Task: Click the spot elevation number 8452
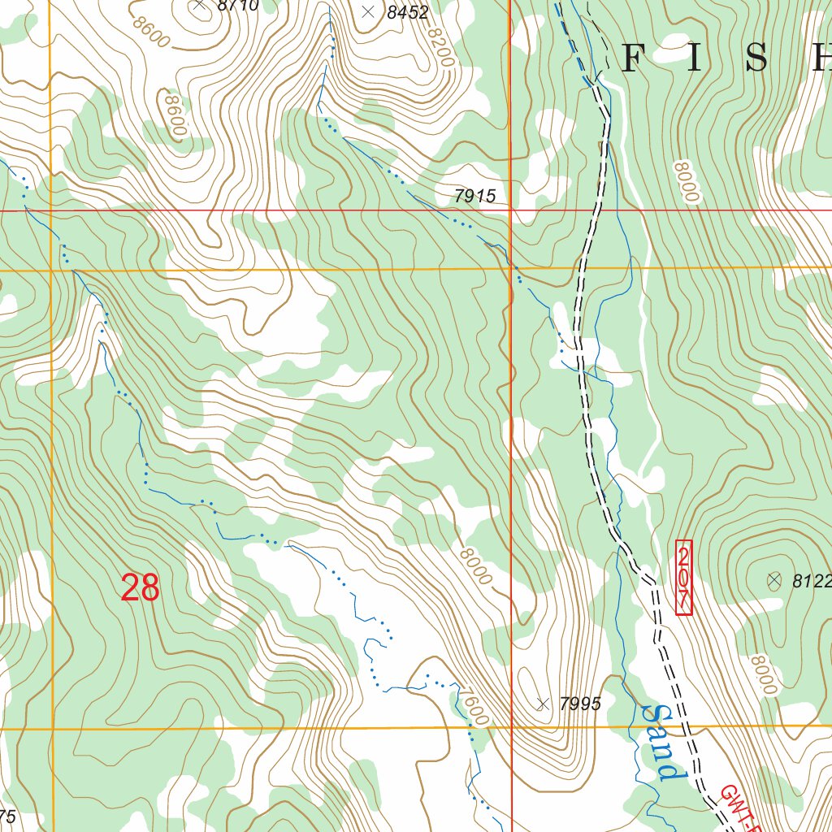pos(407,11)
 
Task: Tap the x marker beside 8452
pos(368,11)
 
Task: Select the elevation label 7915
pos(474,196)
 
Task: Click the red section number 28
pos(140,588)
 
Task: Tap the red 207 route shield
pos(684,578)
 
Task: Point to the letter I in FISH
pos(695,59)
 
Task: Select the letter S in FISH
pos(756,59)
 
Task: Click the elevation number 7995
pos(580,704)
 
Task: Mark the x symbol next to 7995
pos(543,704)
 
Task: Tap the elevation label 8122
pos(812,581)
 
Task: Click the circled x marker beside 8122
pos(773,580)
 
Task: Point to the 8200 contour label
pos(440,46)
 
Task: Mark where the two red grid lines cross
pos(510,210)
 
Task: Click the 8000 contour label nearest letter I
pos(685,181)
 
